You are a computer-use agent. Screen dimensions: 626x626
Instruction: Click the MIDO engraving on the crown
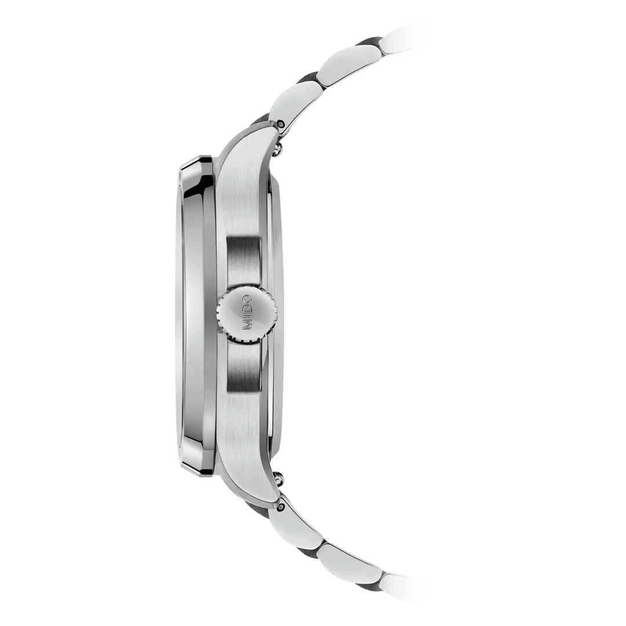(x=248, y=313)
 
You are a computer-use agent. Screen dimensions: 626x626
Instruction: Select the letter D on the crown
(x=248, y=308)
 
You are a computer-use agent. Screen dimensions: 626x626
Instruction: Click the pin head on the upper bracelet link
(x=280, y=123)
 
